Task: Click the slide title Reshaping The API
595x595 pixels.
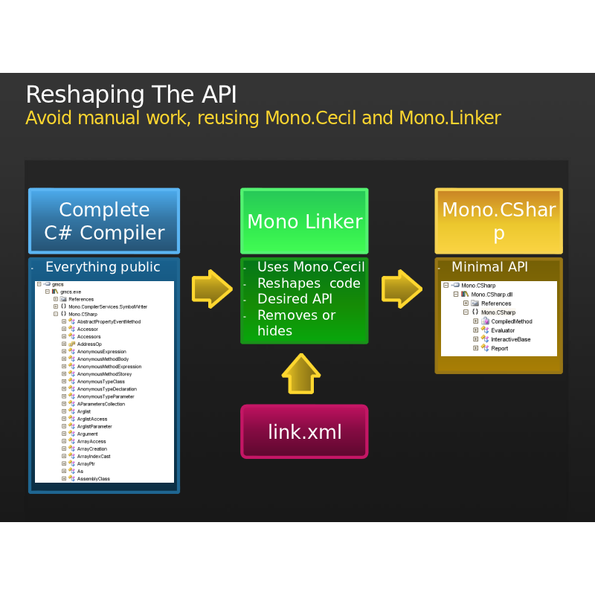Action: pyautogui.click(x=131, y=95)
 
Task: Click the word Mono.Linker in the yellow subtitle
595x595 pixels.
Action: pyautogui.click(x=449, y=118)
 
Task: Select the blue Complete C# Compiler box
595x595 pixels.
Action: pyautogui.click(x=104, y=221)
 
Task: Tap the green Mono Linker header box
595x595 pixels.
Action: pyautogui.click(x=304, y=221)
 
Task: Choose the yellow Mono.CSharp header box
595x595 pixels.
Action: pyautogui.click(x=498, y=221)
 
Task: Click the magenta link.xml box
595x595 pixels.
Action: pyautogui.click(x=304, y=431)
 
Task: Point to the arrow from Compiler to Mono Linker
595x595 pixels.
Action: pyautogui.click(x=212, y=288)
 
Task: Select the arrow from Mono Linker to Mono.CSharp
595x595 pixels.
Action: pyautogui.click(x=402, y=288)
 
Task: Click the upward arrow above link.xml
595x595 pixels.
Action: pyautogui.click(x=301, y=373)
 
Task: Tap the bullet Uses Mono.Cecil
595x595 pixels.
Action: pyautogui.click(x=311, y=267)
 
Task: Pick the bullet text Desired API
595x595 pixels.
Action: pyautogui.click(x=295, y=299)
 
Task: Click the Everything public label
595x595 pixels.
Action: pyautogui.click(x=103, y=267)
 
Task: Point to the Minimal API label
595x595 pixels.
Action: pyautogui.click(x=489, y=267)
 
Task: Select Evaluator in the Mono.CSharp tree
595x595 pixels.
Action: pyautogui.click(x=503, y=330)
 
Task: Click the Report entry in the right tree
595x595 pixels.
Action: pyautogui.click(x=499, y=348)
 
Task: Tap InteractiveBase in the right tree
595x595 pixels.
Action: pyautogui.click(x=510, y=339)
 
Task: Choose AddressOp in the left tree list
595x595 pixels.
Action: pyautogui.click(x=89, y=344)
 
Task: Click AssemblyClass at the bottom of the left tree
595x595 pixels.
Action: pyautogui.click(x=93, y=479)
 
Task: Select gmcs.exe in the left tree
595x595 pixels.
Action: pyautogui.click(x=71, y=292)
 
